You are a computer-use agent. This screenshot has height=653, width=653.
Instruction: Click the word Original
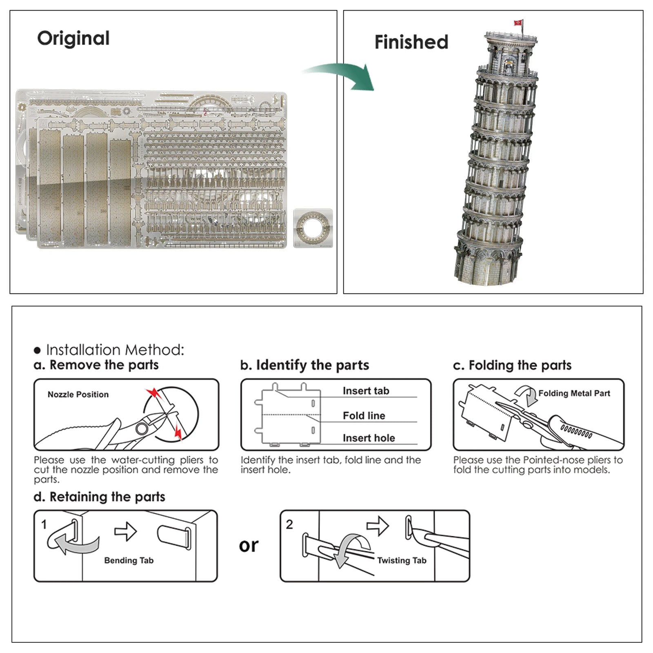point(73,38)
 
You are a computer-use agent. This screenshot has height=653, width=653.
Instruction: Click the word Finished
point(411,42)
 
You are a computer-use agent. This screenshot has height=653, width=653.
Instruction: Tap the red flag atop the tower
point(518,23)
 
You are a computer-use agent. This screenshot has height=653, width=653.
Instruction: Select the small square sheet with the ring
point(313,228)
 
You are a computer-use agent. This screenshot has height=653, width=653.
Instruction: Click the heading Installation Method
point(115,350)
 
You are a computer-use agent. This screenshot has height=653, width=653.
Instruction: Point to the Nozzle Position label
point(78,394)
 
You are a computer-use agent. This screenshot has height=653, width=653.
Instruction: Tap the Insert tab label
point(366,391)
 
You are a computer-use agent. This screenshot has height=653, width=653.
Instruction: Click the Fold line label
point(364,415)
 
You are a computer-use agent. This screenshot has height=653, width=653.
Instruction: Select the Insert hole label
point(369,438)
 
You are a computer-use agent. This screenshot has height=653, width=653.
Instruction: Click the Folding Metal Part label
point(574,393)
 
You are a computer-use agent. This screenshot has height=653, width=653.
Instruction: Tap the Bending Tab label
point(129,560)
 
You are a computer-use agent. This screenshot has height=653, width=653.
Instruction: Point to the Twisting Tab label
point(402,560)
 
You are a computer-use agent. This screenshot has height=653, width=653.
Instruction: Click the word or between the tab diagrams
point(249,546)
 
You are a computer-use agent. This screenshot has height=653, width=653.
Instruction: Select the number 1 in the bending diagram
point(44,524)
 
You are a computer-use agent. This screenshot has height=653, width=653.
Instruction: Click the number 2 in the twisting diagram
point(289,524)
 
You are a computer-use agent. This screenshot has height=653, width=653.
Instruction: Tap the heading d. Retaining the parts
point(100,497)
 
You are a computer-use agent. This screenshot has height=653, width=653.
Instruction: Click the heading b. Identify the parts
point(304,365)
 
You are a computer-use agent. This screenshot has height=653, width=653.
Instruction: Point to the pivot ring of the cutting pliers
point(142,428)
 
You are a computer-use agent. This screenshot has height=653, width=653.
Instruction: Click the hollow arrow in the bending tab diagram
point(126,531)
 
